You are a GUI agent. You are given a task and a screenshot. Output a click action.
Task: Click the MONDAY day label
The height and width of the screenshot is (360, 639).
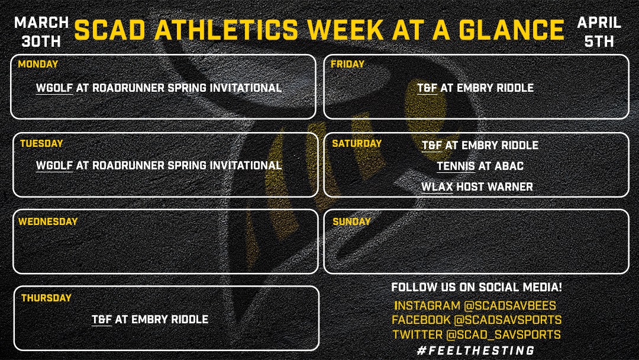pos(38,64)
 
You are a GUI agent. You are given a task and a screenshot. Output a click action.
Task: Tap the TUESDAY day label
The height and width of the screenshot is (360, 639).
pos(41,143)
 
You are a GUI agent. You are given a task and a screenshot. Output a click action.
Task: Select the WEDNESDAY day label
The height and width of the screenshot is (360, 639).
pos(48,221)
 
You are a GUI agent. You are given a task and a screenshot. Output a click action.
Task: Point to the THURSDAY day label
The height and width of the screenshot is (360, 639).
pos(46,298)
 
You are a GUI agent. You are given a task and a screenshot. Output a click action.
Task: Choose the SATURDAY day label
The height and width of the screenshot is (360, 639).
pos(357,143)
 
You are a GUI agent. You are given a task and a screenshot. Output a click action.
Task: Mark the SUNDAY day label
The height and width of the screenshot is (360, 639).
pos(351,221)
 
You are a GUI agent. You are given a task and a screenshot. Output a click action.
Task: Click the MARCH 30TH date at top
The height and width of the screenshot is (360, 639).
pos(41,32)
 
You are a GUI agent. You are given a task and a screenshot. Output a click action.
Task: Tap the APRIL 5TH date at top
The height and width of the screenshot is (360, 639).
pos(599,32)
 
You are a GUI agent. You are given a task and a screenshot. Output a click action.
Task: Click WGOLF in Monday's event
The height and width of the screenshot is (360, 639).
pos(54,88)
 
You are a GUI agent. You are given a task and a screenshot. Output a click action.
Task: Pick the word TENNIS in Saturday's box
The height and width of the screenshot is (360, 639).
pos(456,166)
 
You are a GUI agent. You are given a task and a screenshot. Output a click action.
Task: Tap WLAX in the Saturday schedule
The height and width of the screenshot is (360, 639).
pos(437,187)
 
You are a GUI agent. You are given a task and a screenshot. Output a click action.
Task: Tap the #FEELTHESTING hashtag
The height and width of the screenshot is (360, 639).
pos(476,351)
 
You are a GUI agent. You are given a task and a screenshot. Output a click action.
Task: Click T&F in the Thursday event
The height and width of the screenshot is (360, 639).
pos(102,319)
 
